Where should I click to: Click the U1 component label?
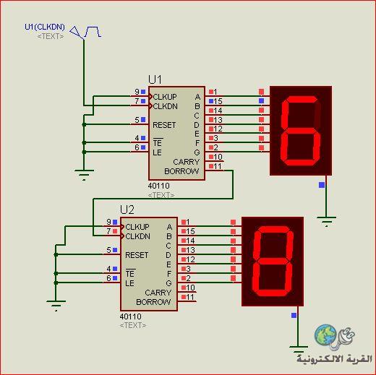pyautogui.click(x=155, y=79)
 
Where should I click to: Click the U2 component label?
pyautogui.click(x=127, y=210)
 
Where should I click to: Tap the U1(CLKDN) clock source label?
pyautogui.click(x=45, y=27)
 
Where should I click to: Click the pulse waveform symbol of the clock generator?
pyautogui.click(x=93, y=32)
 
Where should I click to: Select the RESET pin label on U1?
pyautogui.click(x=164, y=125)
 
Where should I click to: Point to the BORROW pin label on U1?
pyautogui.click(x=181, y=171)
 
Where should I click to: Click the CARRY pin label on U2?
pyautogui.click(x=158, y=293)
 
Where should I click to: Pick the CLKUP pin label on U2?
pyautogui.click(x=137, y=227)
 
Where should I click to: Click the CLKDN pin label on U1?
pyautogui.click(x=165, y=106)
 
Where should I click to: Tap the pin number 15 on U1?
pyautogui.click(x=218, y=101)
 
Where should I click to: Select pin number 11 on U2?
pyautogui.click(x=190, y=297)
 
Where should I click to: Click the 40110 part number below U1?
pyautogui.click(x=158, y=186)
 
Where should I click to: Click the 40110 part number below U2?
pyautogui.click(x=130, y=316)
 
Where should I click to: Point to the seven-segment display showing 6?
pyautogui.click(x=301, y=131)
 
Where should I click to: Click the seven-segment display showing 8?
pyautogui.click(x=273, y=262)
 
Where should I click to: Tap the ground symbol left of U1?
pyautogui.click(x=84, y=174)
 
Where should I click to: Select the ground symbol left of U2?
pyautogui.click(x=56, y=305)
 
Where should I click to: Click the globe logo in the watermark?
pyautogui.click(x=325, y=335)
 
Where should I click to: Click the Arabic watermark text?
pyautogui.click(x=334, y=359)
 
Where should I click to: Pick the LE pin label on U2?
pyautogui.click(x=129, y=283)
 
